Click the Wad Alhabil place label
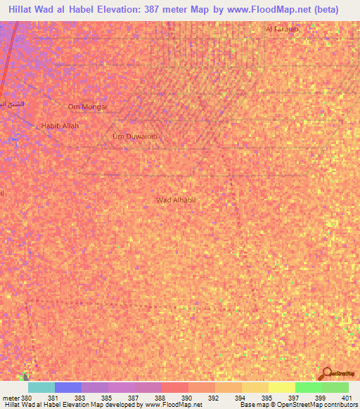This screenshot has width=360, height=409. (175, 200)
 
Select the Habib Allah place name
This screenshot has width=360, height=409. (60, 126)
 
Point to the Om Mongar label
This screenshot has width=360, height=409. (88, 107)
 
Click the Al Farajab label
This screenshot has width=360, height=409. (282, 30)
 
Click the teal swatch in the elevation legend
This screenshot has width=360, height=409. (41, 388)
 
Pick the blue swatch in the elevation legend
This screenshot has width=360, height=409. (67, 388)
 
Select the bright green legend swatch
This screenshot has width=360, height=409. (308, 388)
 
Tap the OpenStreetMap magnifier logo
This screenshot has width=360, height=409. (325, 374)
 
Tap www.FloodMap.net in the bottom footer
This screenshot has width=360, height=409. (174, 405)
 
